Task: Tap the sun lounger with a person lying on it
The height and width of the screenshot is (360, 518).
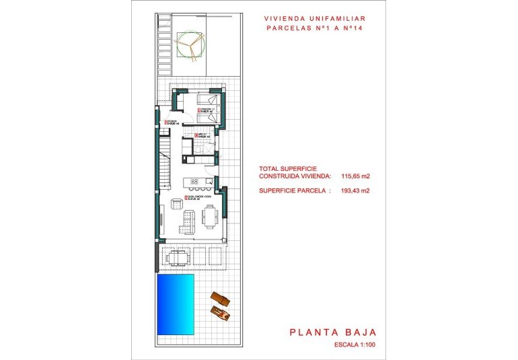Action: tap(219, 312)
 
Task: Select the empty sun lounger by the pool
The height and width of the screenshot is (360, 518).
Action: tap(219, 298)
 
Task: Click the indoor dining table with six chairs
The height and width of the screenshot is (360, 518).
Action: tap(209, 215)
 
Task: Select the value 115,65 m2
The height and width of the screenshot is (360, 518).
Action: tap(355, 176)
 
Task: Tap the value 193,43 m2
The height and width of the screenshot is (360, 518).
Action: tap(355, 190)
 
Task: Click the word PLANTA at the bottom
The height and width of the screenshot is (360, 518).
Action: tap(316, 332)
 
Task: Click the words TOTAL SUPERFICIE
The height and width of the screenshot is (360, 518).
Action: tap(288, 168)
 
